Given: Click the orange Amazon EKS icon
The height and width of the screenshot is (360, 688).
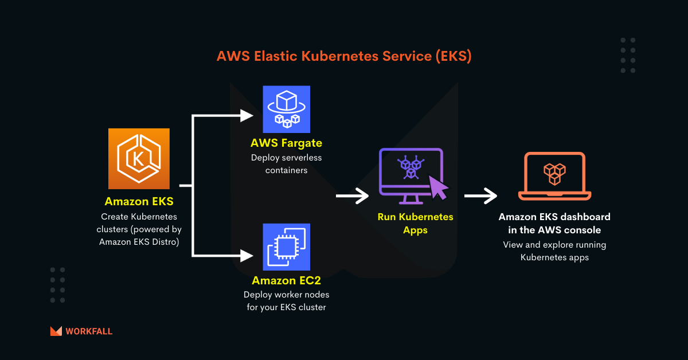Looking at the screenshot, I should (x=139, y=159).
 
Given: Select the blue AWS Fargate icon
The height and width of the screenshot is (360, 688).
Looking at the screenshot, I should (x=286, y=109).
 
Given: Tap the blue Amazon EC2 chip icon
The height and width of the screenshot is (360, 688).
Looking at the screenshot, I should (x=286, y=246).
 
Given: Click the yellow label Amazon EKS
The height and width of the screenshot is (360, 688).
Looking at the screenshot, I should (x=139, y=202).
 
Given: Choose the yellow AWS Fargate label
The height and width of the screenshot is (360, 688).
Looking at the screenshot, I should (x=286, y=143).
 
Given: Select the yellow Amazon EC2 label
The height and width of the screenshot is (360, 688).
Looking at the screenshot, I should (x=286, y=280).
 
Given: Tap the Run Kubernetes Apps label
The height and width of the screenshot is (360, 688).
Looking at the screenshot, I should (x=415, y=224).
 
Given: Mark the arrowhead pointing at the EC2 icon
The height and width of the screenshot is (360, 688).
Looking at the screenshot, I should (x=247, y=253).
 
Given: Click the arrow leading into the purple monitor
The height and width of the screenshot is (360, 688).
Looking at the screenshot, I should (x=352, y=197).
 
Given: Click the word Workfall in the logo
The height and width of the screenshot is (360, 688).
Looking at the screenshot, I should (x=89, y=331).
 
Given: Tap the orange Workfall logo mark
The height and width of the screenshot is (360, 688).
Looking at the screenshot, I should (x=56, y=331).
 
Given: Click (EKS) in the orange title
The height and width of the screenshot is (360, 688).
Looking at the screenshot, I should (x=452, y=56).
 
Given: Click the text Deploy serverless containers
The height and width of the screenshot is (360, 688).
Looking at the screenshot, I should (x=286, y=163).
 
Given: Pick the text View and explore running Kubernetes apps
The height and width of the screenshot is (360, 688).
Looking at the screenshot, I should (x=554, y=251).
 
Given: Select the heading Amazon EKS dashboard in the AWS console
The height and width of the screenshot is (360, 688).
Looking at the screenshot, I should (x=554, y=224).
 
